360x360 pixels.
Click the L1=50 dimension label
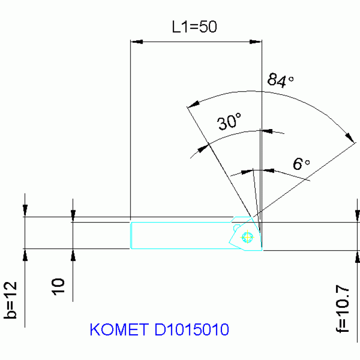pos(194,27)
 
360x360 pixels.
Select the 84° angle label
pos(280,80)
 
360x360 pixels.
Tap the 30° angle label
pos(230,123)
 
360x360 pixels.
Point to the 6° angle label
pos(301,164)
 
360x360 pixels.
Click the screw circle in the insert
pos(246,237)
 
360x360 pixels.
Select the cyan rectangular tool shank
pos(181,235)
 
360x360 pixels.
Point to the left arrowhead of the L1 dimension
pos(136,42)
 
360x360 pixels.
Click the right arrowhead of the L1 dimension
pos(255,42)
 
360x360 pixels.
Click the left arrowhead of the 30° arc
pos(202,149)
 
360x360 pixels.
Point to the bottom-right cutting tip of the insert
pos(261,250)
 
